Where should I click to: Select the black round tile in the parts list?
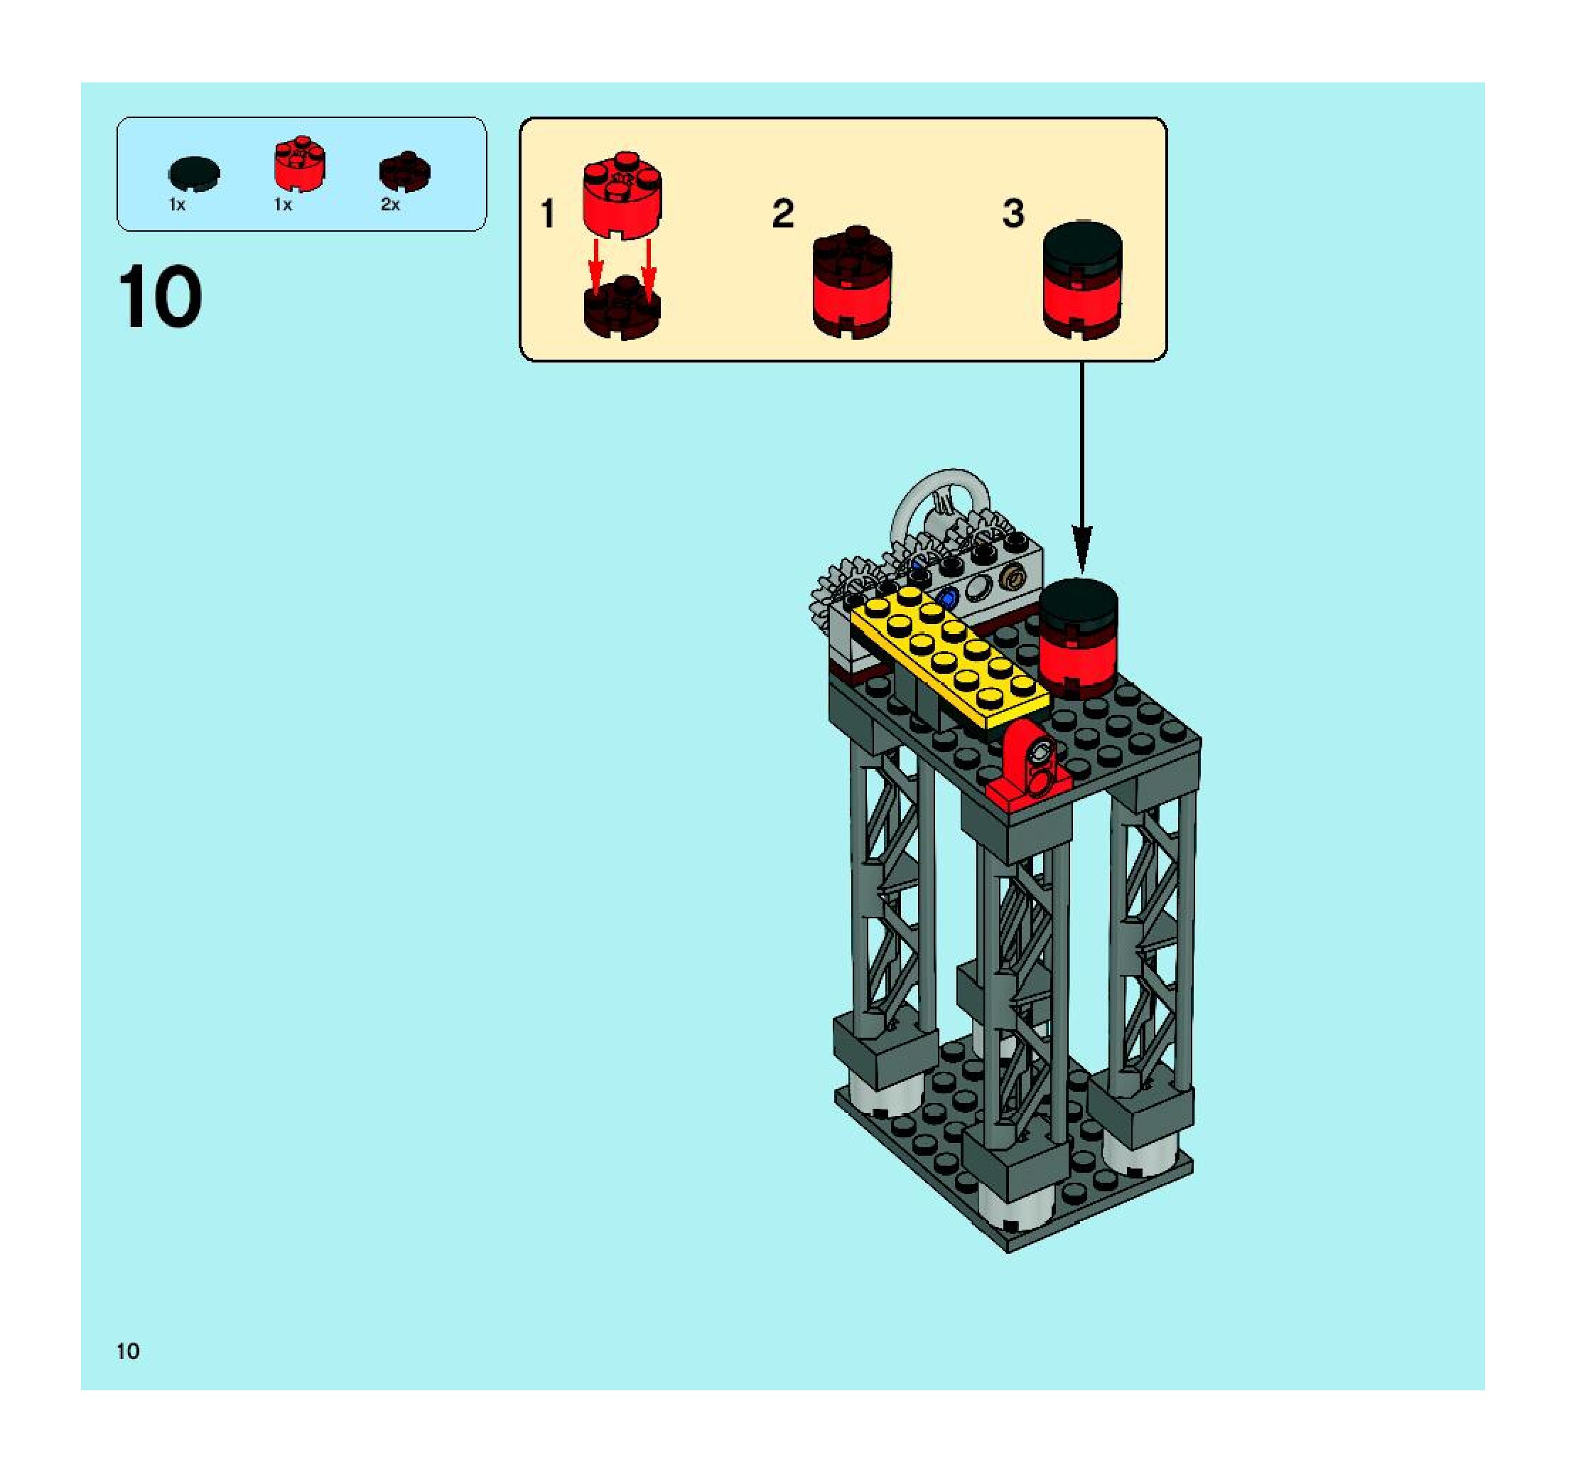tap(194, 173)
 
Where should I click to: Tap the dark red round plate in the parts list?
tap(404, 171)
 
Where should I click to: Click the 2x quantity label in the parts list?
tap(390, 205)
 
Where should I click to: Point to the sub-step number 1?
tap(547, 214)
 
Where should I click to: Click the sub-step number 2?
tap(782, 214)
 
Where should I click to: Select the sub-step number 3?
tap(1013, 214)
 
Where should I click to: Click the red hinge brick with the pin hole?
tap(1030, 765)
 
